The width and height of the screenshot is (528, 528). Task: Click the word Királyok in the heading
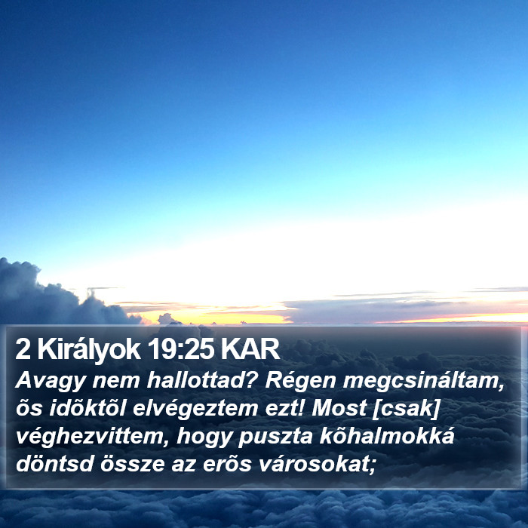(89, 351)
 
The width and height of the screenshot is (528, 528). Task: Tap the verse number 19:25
(180, 349)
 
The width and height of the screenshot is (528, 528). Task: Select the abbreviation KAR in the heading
(250, 349)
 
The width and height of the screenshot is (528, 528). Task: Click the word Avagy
(51, 382)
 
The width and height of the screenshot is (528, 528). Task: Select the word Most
(339, 408)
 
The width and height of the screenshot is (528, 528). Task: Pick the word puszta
(275, 437)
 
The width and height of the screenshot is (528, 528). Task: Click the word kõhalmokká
(387, 436)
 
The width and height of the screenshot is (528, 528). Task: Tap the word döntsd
(54, 464)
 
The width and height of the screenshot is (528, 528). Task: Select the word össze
(132, 464)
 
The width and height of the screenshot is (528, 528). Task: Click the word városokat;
(317, 464)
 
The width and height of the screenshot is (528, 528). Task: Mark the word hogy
(204, 437)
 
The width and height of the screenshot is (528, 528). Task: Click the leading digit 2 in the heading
(23, 349)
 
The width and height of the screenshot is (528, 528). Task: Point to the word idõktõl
(87, 408)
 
